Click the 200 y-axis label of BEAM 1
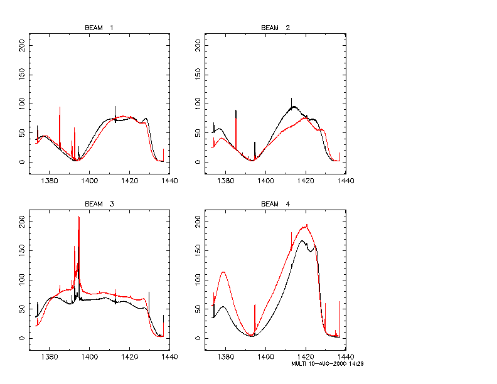(x=22, y=45)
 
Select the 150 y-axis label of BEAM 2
(x=198, y=75)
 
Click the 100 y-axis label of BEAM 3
(x=22, y=280)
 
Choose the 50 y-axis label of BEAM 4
(x=198, y=309)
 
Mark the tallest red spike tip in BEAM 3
(x=78, y=216)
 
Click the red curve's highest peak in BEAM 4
(x=306, y=225)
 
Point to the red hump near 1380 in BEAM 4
(x=223, y=272)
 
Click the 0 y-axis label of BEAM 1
(x=22, y=162)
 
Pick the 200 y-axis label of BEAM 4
(x=198, y=221)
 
